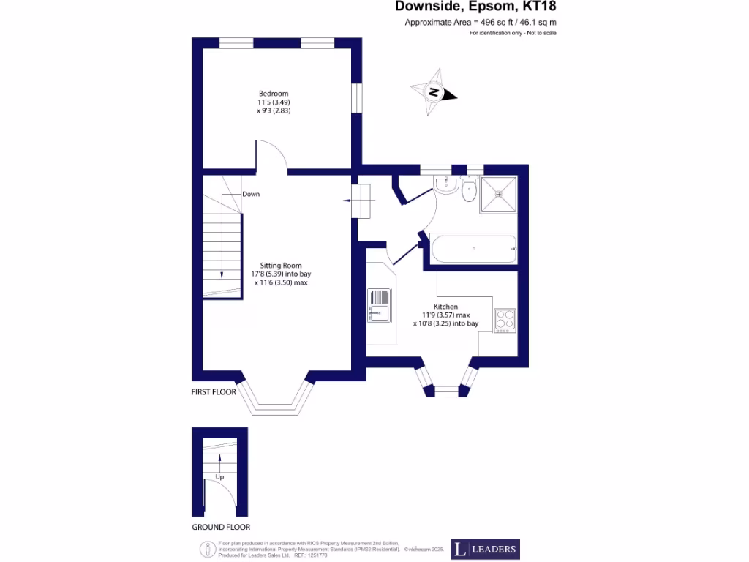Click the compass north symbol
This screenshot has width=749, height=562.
[x=434, y=93]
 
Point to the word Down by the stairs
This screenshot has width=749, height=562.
[x=251, y=194]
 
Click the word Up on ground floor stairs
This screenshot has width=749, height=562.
[x=219, y=476]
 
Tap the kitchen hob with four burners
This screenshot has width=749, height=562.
[x=505, y=320]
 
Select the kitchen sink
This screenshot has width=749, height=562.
[x=379, y=306]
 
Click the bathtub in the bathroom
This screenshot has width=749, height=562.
[x=473, y=250]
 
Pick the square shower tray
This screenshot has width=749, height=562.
[x=499, y=195]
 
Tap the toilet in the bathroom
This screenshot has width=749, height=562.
[x=470, y=191]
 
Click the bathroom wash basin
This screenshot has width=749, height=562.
[x=445, y=187]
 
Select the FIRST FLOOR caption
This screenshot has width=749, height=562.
[x=214, y=392]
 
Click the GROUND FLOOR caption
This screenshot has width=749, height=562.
[x=221, y=527]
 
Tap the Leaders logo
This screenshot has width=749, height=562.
[x=484, y=549]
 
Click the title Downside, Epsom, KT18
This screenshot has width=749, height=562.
[x=480, y=7]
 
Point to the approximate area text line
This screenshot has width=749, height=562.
[x=481, y=23]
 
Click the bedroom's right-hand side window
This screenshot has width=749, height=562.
[x=356, y=98]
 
